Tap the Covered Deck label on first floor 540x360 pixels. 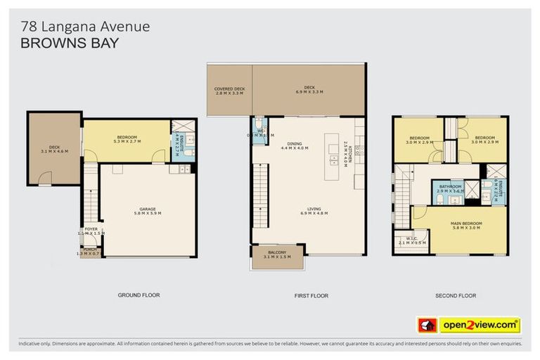point(229,90)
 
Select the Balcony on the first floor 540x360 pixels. point(277,255)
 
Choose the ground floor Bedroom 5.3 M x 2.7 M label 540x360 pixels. point(127,139)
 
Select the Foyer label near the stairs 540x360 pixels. point(91,231)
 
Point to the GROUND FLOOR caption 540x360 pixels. point(139,295)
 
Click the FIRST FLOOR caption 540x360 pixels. point(312,296)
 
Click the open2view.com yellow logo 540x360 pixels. point(480,325)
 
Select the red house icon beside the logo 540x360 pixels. point(427,325)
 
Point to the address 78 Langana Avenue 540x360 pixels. point(84,27)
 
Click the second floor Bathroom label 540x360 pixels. point(450,188)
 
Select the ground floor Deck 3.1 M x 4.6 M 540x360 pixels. point(54,148)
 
